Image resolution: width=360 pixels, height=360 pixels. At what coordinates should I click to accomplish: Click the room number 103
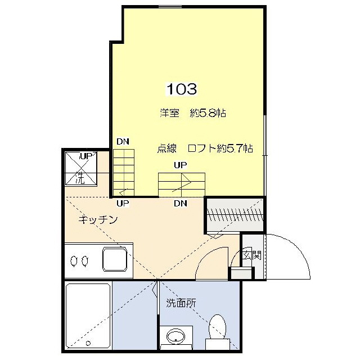181,89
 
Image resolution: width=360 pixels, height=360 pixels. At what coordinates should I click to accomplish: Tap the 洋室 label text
169,113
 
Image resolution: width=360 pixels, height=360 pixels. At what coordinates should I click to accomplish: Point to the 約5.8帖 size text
208,113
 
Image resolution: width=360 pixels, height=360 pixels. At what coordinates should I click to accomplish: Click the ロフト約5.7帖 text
220,149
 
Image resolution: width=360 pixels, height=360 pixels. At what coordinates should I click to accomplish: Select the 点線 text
167,149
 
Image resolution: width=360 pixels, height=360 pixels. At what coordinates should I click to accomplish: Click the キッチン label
98,220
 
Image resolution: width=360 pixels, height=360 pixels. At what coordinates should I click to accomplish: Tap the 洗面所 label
181,303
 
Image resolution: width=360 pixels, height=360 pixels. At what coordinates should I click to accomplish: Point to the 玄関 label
252,255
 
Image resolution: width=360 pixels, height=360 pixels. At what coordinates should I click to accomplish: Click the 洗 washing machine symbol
80,179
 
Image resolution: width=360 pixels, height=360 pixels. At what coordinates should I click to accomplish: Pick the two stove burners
79,261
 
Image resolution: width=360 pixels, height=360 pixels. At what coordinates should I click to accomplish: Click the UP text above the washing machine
85,155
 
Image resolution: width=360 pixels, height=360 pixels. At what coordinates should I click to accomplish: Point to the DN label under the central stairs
181,203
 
